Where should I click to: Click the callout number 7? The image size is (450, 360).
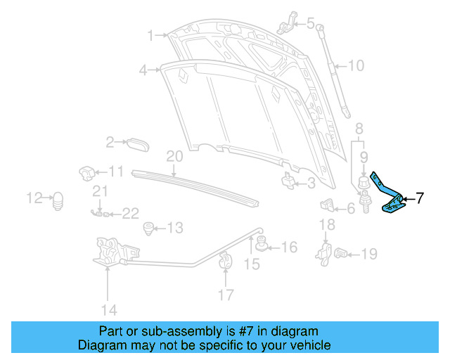419,198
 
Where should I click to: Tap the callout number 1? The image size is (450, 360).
150,34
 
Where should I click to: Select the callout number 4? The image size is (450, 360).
143,70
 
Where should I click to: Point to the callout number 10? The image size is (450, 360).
356,66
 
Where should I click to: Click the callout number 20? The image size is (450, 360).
174,156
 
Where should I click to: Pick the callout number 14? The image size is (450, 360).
108,309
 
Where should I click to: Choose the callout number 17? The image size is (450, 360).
226,295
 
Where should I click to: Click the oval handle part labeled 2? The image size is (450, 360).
137,143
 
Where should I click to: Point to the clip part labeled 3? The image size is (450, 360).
288,181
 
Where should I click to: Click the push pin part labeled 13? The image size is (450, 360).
148,228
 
